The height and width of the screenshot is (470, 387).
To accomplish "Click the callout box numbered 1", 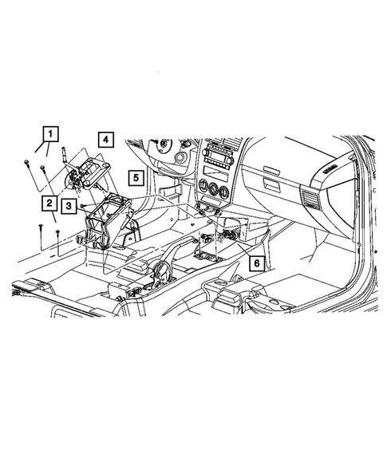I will tap(50, 133).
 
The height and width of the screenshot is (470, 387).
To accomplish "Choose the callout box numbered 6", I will tap(256, 262).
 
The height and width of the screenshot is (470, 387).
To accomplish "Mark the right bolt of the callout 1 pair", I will tap(42, 168).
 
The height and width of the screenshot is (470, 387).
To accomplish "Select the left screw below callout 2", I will tap(40, 229).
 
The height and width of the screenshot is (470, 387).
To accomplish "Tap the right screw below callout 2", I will tap(58, 233).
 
